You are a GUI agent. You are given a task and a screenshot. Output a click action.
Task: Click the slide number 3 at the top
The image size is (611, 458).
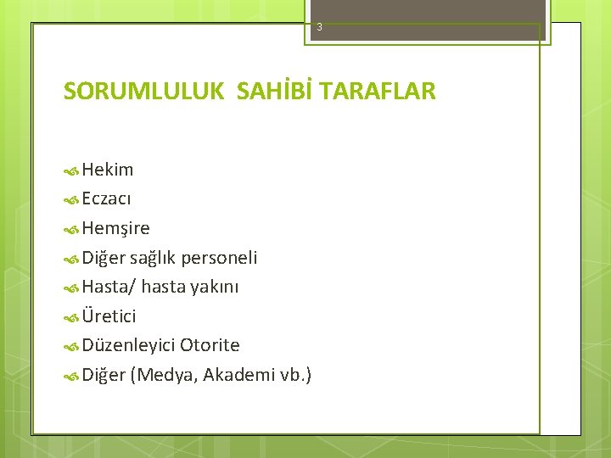tap(320, 27)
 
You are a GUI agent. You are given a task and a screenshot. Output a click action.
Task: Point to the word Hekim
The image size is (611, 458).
tap(108, 170)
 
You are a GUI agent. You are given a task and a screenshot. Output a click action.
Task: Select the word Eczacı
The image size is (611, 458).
tap(106, 198)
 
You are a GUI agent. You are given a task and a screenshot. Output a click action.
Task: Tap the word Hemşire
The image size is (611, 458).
tap(116, 228)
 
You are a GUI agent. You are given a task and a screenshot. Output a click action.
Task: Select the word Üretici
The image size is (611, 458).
tap(109, 316)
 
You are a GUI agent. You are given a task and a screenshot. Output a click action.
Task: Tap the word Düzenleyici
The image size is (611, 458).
tap(128, 345)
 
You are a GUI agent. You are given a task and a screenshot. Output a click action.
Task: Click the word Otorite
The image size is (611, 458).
tap(210, 345)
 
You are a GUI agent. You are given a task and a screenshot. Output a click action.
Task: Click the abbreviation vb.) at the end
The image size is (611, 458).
tap(294, 375)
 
